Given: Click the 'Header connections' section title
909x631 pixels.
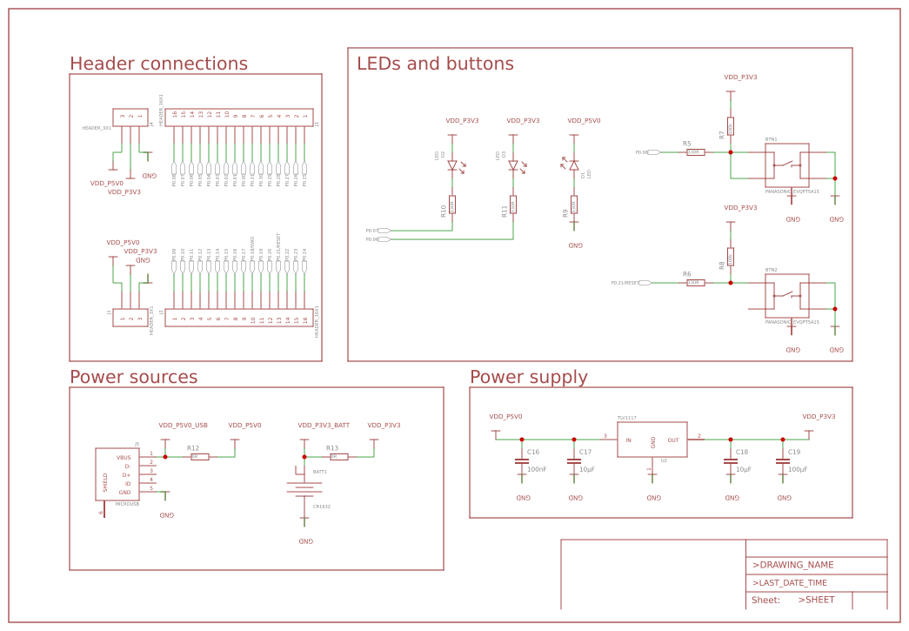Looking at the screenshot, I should (158, 64).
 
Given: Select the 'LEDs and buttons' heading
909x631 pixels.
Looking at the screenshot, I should (435, 64).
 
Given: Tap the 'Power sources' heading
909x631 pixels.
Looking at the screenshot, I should (133, 377).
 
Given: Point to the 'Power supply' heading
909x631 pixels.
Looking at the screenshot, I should (528, 377).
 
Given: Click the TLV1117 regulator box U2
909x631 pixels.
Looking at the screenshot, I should (652, 440).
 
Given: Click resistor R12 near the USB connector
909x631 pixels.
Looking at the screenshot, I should (199, 456).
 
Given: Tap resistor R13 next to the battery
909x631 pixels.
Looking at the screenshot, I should (338, 456).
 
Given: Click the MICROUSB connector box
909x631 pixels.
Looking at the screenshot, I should (117, 474).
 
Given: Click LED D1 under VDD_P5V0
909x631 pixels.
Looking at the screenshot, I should (574, 164).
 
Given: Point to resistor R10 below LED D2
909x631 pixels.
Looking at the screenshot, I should (452, 205).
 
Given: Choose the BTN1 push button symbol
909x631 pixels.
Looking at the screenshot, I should (787, 165).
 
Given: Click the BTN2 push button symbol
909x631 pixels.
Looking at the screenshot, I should (787, 296).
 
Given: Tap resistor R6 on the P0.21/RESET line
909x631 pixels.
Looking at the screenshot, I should (695, 283).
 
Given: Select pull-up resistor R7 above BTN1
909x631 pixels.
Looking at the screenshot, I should (731, 127).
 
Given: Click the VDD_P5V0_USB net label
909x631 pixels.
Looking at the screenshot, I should (183, 426).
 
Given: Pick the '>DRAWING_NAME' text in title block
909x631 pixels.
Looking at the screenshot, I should (792, 565).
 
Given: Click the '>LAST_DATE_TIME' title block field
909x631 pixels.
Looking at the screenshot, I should (789, 583).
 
